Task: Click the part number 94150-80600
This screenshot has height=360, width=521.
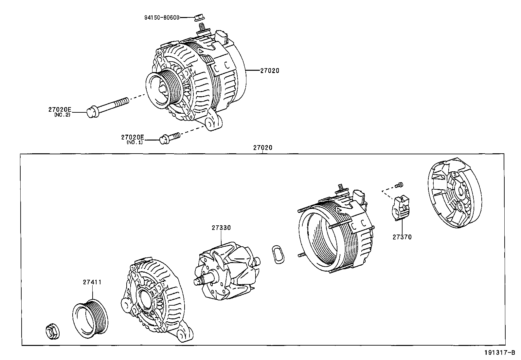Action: click(x=162, y=17)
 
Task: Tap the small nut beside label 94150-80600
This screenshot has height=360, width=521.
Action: click(x=199, y=18)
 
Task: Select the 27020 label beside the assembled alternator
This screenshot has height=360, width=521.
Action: click(x=269, y=70)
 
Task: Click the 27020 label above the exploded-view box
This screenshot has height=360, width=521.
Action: click(x=262, y=148)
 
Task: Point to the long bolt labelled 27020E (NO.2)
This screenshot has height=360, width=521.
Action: click(x=107, y=108)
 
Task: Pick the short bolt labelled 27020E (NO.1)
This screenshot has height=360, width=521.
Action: click(x=170, y=138)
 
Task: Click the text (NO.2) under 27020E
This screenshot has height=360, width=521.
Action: click(x=62, y=115)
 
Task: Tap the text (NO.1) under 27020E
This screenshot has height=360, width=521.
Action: click(x=135, y=142)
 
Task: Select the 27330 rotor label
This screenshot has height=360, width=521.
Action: click(x=221, y=228)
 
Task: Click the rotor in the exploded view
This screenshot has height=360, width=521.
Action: click(x=227, y=271)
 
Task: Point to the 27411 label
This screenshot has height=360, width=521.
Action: click(x=92, y=282)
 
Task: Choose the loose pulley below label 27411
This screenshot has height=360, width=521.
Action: click(x=90, y=318)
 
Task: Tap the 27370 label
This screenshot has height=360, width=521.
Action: click(x=402, y=237)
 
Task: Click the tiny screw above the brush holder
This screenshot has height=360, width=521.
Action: click(x=399, y=185)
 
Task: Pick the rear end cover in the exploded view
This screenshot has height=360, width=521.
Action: click(x=455, y=193)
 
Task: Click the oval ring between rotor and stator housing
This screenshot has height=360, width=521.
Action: click(x=278, y=254)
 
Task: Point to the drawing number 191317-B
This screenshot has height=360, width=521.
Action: click(x=500, y=352)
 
